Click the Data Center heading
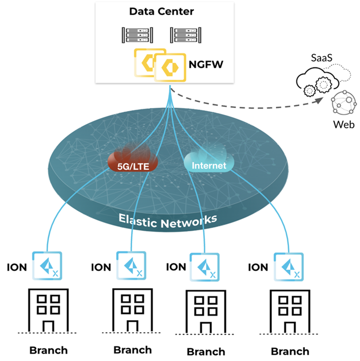(x=154, y=10)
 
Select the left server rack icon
(x=135, y=35)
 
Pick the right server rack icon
(x=184, y=35)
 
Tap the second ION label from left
(x=101, y=268)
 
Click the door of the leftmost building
(x=48, y=326)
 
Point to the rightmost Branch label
(x=290, y=351)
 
